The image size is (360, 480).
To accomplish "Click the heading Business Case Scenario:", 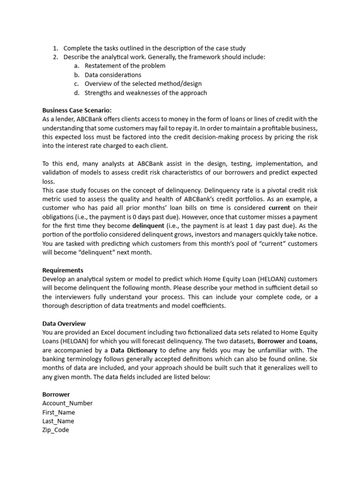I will coord(77,110).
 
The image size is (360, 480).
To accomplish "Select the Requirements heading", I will coord(63,270).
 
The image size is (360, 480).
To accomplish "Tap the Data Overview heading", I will coord(64,323).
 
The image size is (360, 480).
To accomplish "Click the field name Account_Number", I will coord(67,403).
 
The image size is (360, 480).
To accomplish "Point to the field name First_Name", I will coord(59,412).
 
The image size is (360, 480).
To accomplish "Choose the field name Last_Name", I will coord(58,421).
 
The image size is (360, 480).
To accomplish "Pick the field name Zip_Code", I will coord(56,430).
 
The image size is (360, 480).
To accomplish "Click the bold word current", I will coord(279,208).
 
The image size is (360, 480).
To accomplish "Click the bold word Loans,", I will coord(307,341).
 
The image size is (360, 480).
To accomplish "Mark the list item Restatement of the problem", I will coord(125,66).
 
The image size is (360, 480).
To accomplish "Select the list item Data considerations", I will coord(112,75).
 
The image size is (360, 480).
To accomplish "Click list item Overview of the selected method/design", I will coord(143,84).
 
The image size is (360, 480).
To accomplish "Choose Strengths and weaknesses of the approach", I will coord(145,93).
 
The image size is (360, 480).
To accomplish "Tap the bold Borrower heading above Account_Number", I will coord(56,394).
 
